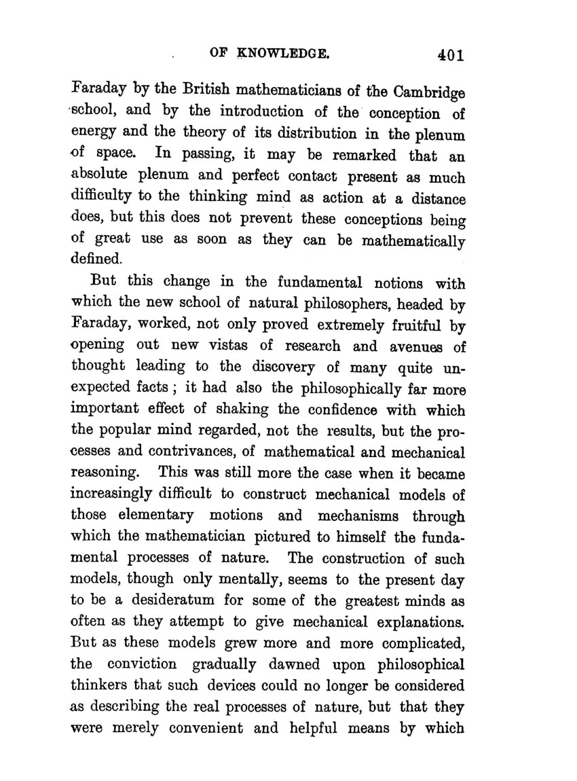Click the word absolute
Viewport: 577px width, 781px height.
(103, 177)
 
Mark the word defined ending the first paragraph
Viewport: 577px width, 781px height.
(97, 260)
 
